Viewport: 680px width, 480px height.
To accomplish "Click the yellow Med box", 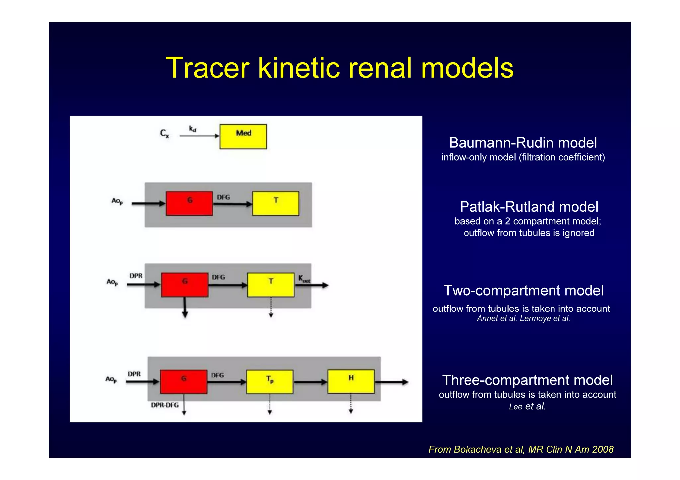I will pyautogui.click(x=243, y=136).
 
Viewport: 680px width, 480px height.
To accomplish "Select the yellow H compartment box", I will pyautogui.click(x=351, y=381).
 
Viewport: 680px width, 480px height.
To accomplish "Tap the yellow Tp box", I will pyautogui.click(x=270, y=382).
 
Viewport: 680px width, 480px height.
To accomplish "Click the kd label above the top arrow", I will pyautogui.click(x=193, y=129).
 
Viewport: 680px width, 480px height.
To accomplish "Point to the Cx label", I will pyautogui.click(x=164, y=133).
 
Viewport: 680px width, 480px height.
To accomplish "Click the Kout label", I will pyautogui.click(x=304, y=279).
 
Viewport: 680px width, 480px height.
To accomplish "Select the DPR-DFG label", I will pyautogui.click(x=165, y=405).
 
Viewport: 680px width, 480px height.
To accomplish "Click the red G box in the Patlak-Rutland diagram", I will pyautogui.click(x=189, y=203).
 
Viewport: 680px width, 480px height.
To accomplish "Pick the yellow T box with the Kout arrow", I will pyautogui.click(x=271, y=285).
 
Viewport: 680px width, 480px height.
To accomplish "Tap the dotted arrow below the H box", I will pyautogui.click(x=351, y=404).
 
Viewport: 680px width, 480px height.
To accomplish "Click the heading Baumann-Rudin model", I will pyautogui.click(x=523, y=143).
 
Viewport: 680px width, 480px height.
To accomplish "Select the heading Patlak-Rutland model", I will pyautogui.click(x=529, y=207).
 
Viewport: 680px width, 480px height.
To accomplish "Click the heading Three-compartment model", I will pyautogui.click(x=527, y=380).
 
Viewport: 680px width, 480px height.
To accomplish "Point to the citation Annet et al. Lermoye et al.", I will pyautogui.click(x=523, y=318).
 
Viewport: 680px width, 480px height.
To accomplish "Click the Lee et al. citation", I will pyautogui.click(x=527, y=406).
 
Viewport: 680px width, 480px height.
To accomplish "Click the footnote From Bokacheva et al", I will pyautogui.click(x=520, y=449).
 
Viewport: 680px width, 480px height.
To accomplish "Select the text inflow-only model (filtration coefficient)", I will pyautogui.click(x=523, y=157).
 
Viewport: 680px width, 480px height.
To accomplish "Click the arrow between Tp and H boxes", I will pyautogui.click(x=310, y=382).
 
